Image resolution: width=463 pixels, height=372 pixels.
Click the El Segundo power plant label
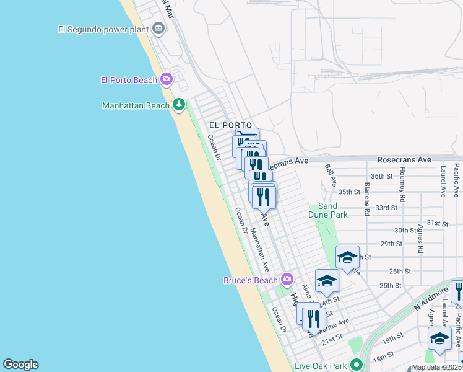[103, 29]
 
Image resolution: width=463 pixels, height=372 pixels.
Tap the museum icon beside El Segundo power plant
[159, 28]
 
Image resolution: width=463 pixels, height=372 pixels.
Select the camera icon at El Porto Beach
[166, 79]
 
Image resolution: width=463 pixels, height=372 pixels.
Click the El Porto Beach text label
[129, 80]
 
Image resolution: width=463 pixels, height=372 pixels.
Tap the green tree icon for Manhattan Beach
[179, 105]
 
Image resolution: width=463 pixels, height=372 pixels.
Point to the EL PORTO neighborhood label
[230, 125]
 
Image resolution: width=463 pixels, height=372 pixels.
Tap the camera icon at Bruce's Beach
[287, 280]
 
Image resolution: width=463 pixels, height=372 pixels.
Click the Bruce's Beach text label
[251, 280]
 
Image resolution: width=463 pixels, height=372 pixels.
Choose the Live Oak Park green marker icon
[355, 365]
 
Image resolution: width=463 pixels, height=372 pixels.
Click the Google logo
[20, 365]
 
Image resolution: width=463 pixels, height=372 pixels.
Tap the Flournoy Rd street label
[403, 180]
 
